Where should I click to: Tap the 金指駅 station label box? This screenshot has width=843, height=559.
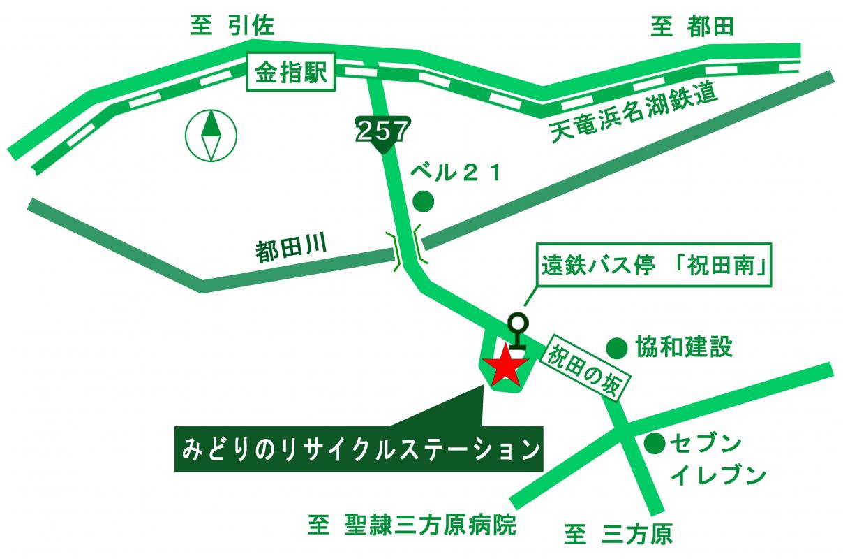[291, 72]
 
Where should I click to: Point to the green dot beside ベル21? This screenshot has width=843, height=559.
[424, 202]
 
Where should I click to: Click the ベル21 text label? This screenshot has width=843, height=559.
[455, 172]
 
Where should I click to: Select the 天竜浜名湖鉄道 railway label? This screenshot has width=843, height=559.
[634, 116]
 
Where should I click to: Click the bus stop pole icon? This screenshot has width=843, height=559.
[517, 331]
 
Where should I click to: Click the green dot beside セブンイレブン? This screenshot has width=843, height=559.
[654, 443]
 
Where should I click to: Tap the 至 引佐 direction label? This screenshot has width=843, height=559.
[233, 27]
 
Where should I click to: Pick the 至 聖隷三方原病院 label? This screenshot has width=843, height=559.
[412, 525]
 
